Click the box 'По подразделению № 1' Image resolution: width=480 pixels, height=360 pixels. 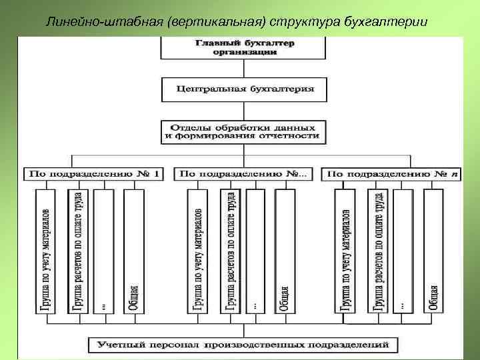pos(94,174)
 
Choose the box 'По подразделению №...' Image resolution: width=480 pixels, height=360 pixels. pos(243,174)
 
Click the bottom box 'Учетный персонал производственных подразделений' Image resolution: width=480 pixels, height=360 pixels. pos(243,345)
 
